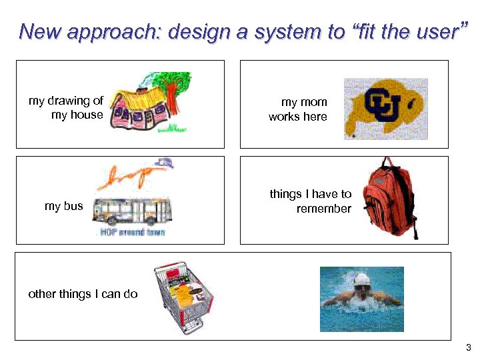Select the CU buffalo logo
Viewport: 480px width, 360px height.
(x=385, y=108)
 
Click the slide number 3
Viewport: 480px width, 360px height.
(x=468, y=347)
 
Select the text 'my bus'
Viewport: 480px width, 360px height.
(x=64, y=206)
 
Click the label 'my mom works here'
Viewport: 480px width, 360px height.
(x=298, y=109)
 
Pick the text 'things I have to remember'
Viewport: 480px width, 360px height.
(x=311, y=201)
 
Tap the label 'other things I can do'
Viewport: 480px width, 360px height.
(x=83, y=294)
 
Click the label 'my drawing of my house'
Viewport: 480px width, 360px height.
(x=67, y=107)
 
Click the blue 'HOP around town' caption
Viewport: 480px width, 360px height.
(x=132, y=232)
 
